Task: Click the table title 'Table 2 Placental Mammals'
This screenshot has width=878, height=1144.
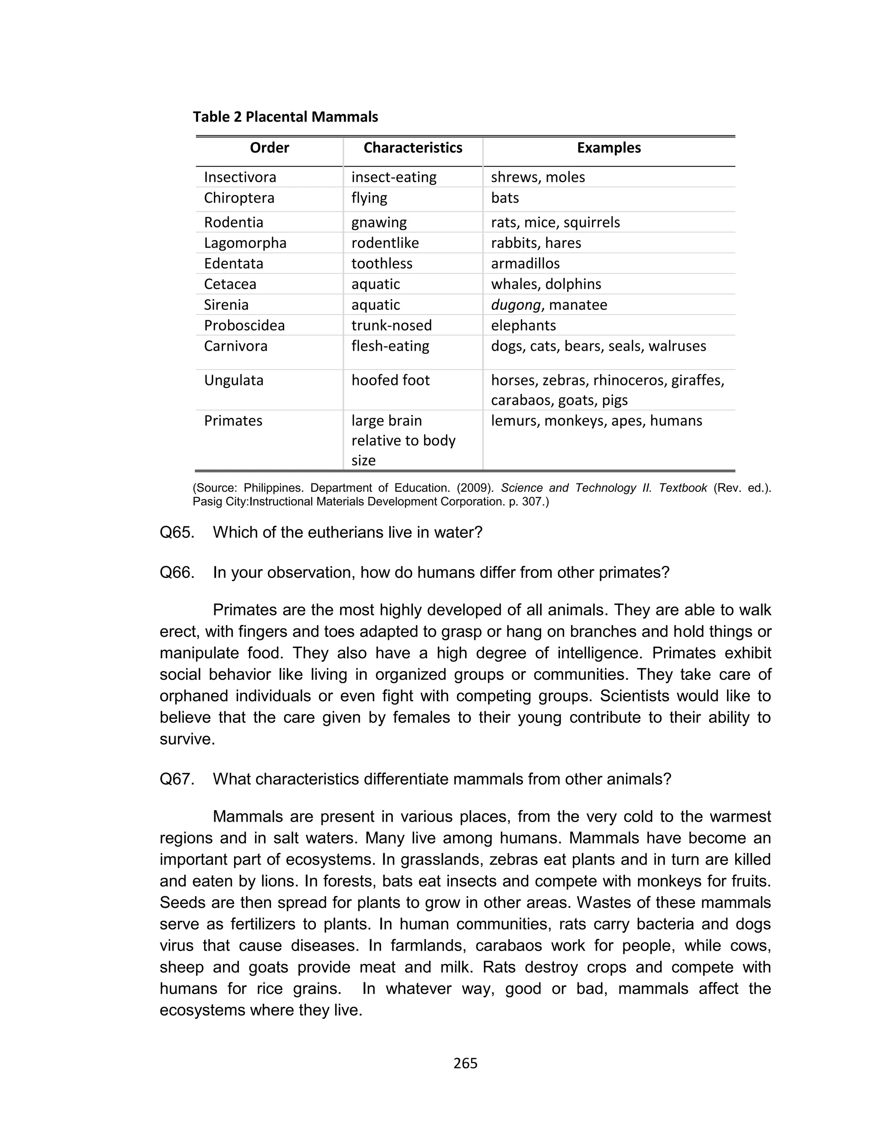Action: pos(286,117)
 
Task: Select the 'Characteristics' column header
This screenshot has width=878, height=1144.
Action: pos(413,148)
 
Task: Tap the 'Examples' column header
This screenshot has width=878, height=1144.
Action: pos(609,148)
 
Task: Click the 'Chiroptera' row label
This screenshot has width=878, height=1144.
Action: pos(239,198)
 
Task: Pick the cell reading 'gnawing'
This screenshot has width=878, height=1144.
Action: pos(379,222)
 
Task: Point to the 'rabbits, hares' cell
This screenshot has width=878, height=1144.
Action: pos(536,243)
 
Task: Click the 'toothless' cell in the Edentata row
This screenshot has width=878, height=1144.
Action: pos(382,263)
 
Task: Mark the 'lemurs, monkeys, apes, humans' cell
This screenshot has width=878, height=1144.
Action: pos(596,420)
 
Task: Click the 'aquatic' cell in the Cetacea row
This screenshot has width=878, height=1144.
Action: pos(375,284)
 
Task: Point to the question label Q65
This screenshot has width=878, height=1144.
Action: pos(177,532)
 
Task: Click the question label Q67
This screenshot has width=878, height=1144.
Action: pos(177,779)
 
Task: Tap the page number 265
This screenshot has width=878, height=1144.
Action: pos(465,1063)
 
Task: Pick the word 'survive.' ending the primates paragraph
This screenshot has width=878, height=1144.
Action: pos(187,739)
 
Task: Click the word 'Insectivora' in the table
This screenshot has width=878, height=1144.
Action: pos(240,177)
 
